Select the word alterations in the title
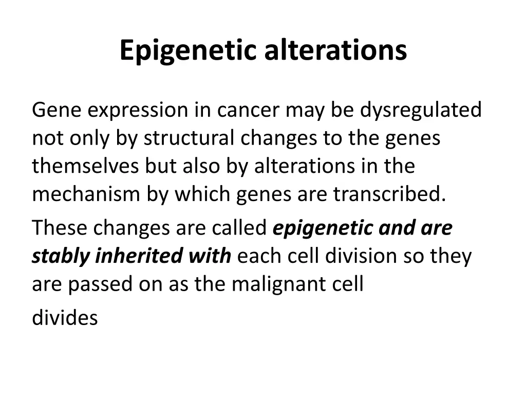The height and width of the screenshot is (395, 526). [335, 51]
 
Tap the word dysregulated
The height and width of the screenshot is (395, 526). [421, 111]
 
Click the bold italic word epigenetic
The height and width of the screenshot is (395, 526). [323, 228]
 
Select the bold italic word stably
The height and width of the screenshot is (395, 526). [61, 256]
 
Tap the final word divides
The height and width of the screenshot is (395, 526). [65, 318]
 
